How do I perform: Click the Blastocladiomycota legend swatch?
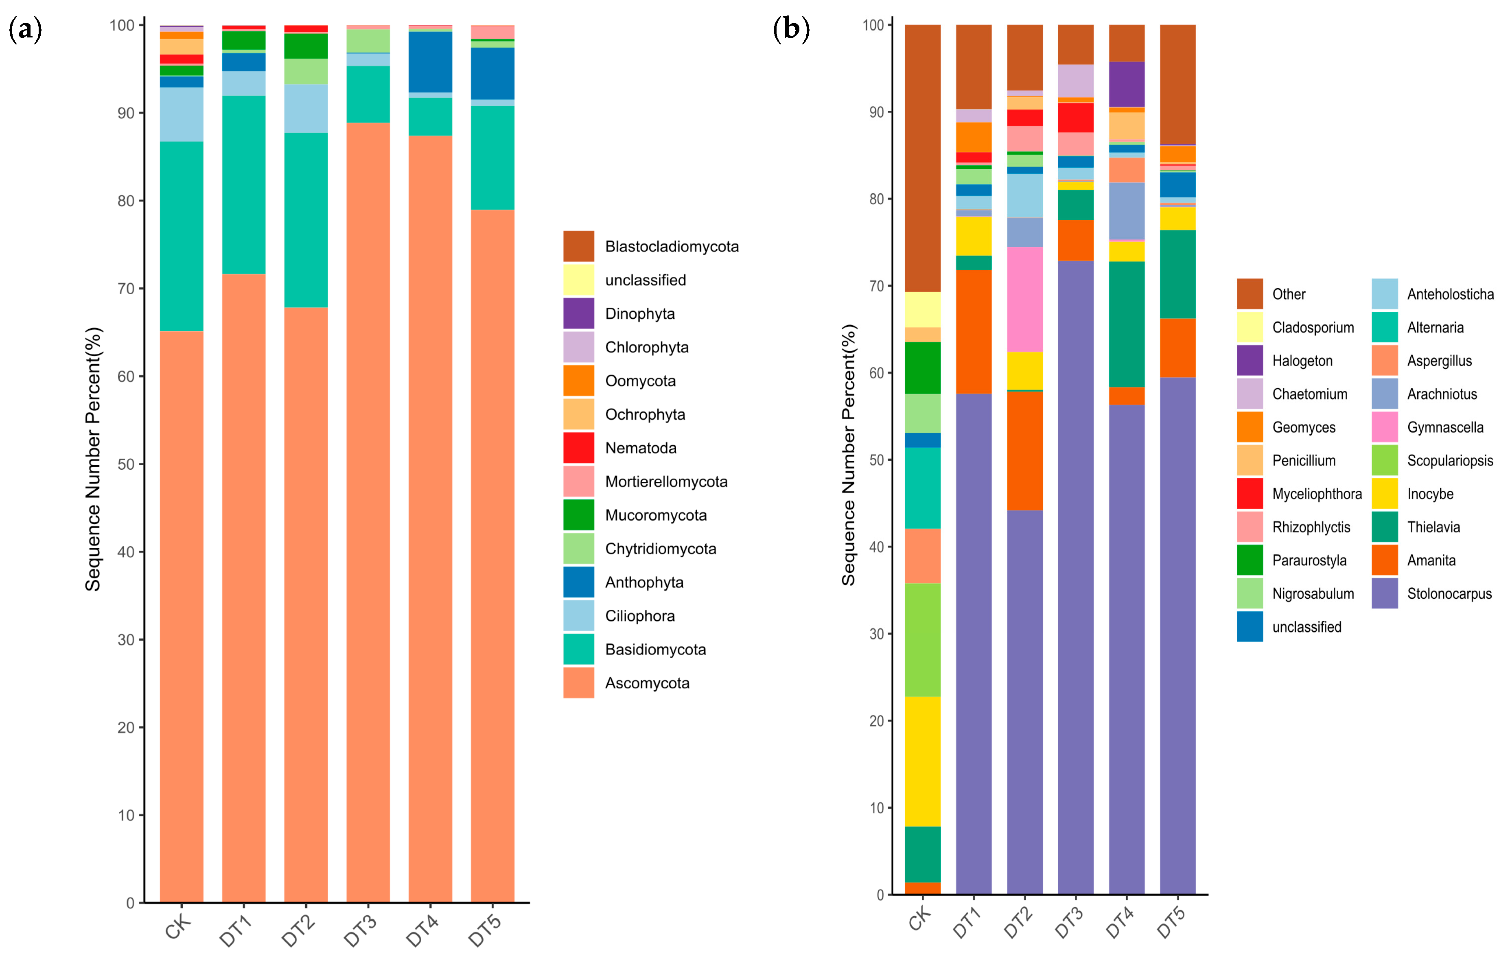[x=578, y=246]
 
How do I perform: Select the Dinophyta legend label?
[x=640, y=313]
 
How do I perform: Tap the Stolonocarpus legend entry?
[x=1431, y=593]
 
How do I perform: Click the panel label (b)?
[x=791, y=29]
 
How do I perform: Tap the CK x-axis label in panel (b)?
[x=920, y=919]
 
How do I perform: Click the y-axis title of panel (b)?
[x=849, y=455]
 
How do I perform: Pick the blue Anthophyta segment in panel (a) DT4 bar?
[x=430, y=62]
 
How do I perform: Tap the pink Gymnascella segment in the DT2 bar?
[x=1025, y=299]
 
